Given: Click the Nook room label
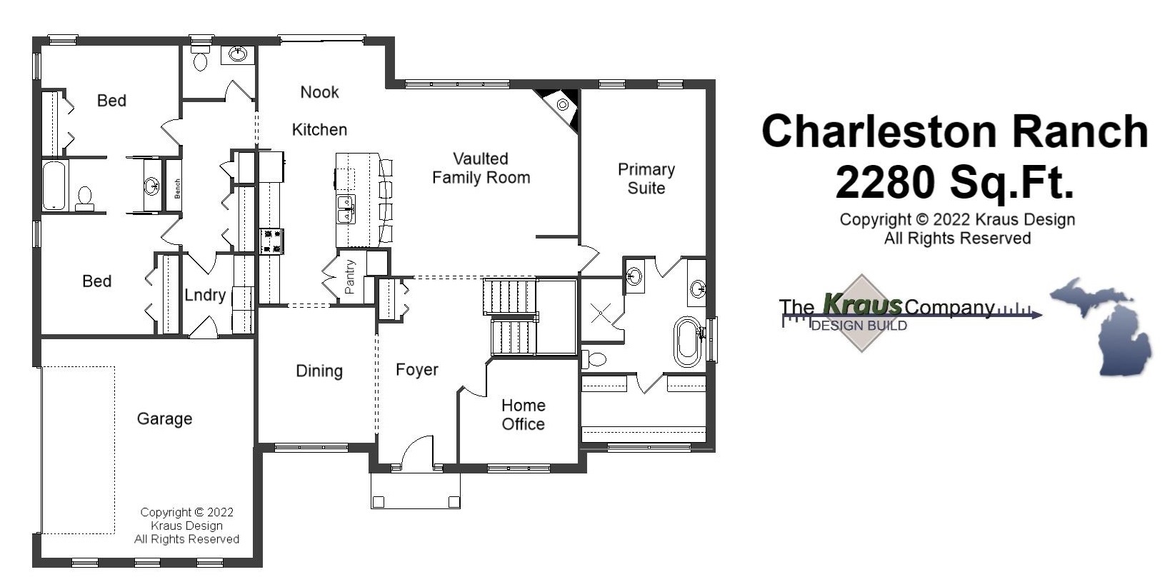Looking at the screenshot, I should pyautogui.click(x=319, y=92).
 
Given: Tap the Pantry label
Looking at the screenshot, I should pyautogui.click(x=350, y=277).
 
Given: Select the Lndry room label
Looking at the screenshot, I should pyautogui.click(x=205, y=295).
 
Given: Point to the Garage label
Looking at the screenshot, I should pyautogui.click(x=164, y=418).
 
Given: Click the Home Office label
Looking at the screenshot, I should pyautogui.click(x=523, y=415).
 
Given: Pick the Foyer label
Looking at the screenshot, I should pyautogui.click(x=417, y=370).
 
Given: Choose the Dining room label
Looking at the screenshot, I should pyautogui.click(x=319, y=371).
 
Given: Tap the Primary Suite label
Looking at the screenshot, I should pyautogui.click(x=646, y=179).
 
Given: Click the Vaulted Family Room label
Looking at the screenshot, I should pyautogui.click(x=481, y=169).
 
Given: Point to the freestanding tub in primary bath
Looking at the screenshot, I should pyautogui.click(x=687, y=342).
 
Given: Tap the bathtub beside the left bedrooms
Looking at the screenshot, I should pyautogui.click(x=54, y=186).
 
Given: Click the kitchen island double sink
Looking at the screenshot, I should pyautogui.click(x=346, y=209).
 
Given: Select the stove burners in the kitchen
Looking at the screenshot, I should pyautogui.click(x=271, y=241).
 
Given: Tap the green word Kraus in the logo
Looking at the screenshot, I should pyautogui.click(x=862, y=305).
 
